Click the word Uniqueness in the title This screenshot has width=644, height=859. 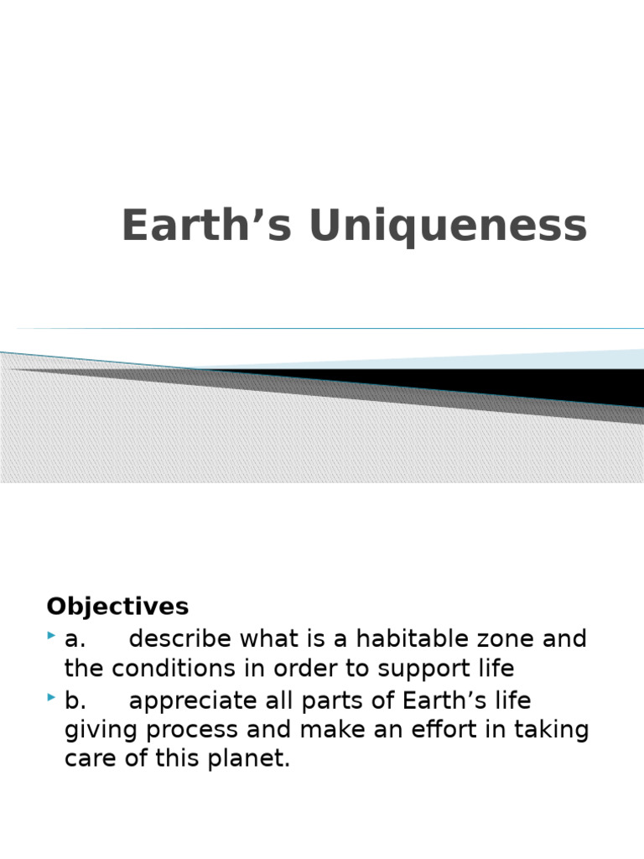[449, 226]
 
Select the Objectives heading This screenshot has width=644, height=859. [117, 606]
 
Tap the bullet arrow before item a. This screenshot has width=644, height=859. [52, 638]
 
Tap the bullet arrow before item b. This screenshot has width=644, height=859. [52, 698]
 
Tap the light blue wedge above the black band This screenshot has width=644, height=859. [545, 359]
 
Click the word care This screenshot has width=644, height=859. [86, 760]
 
